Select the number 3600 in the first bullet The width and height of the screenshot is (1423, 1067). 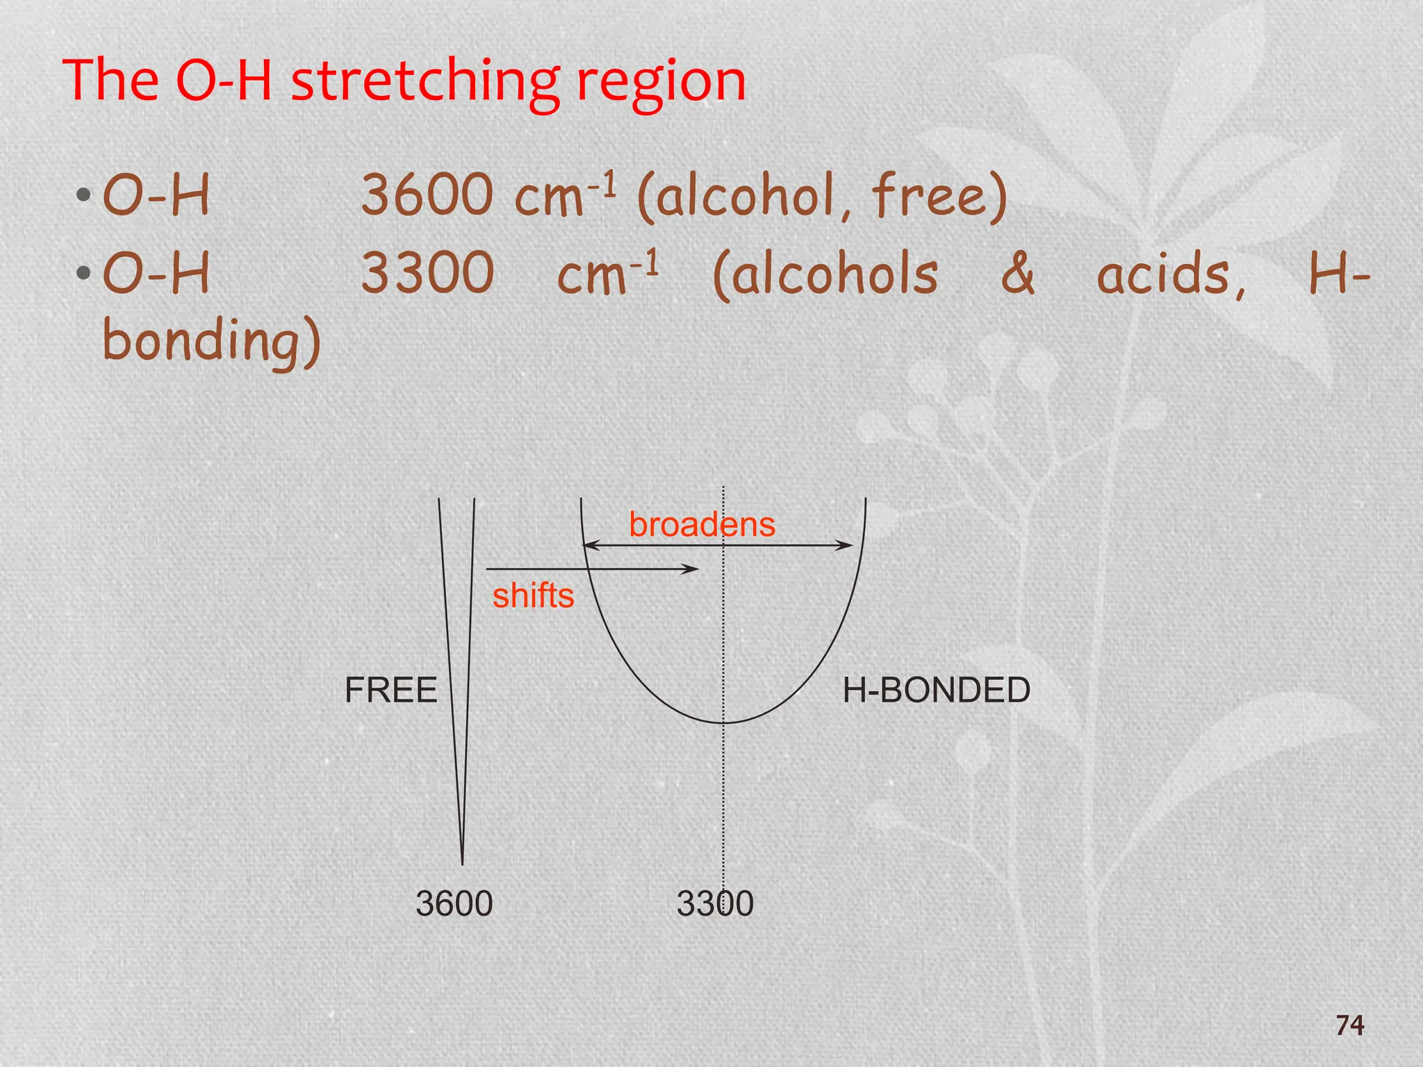427,196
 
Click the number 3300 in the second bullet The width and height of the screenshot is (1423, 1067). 427,273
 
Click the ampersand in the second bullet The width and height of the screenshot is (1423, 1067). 1017,273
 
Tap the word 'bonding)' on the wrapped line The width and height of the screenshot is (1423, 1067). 212,341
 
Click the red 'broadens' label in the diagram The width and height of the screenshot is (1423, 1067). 702,524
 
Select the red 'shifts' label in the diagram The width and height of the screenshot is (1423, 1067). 533,596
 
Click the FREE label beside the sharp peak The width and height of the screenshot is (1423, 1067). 390,690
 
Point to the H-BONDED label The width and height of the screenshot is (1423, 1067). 936,690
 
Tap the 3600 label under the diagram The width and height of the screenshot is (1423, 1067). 454,904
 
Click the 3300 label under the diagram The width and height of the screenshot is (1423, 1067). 715,904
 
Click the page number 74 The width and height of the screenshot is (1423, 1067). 1349,1025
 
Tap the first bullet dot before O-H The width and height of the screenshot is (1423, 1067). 84,195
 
